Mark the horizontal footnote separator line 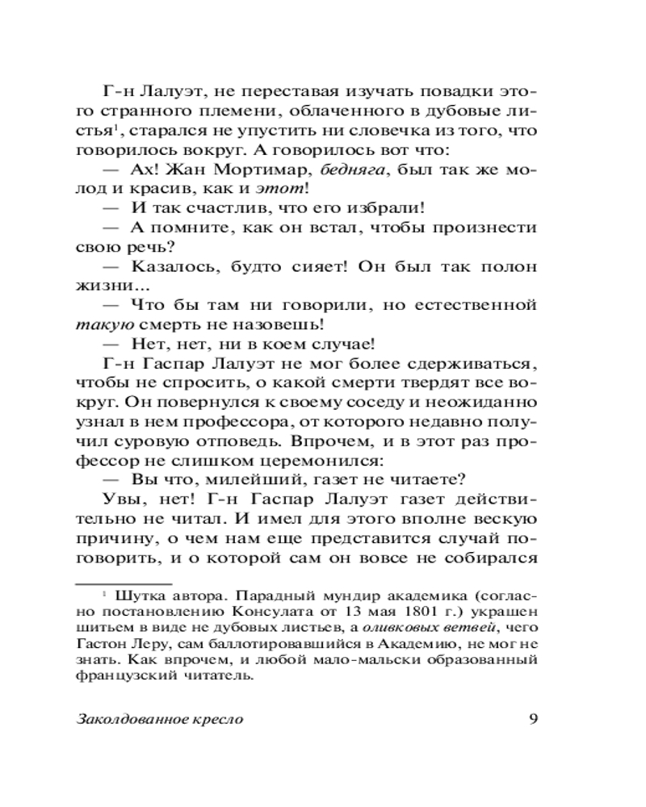[x=123, y=582]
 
